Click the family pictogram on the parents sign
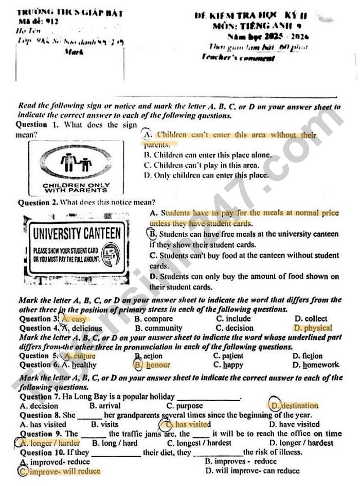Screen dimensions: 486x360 76,164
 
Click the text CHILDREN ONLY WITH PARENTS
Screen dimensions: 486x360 76,188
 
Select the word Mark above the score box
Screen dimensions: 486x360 71,51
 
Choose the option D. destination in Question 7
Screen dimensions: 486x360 294,406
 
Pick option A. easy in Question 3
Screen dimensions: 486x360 74,319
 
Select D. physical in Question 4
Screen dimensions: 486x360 313,328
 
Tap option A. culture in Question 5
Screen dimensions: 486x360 77,356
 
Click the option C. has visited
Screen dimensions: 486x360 188,424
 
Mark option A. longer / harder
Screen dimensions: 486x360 50,443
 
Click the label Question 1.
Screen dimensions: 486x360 39,125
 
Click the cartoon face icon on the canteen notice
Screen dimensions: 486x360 111,254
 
